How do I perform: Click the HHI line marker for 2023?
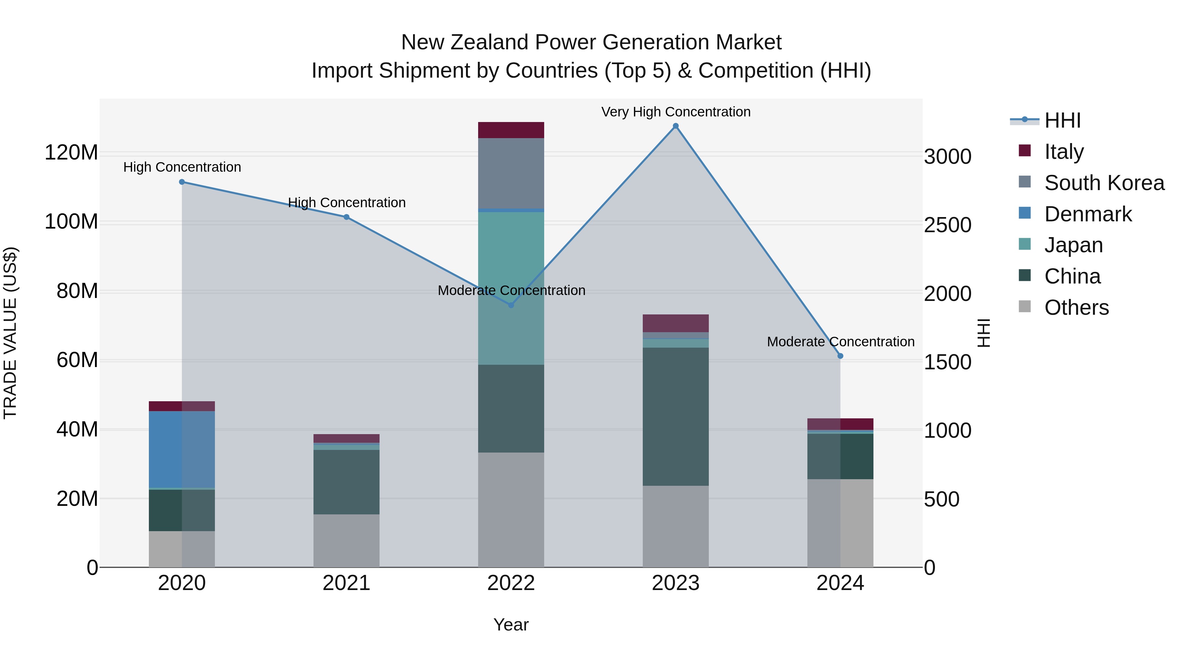[676, 126]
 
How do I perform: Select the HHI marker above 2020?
[182, 182]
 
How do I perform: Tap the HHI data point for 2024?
[840, 356]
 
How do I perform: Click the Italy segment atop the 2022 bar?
[511, 130]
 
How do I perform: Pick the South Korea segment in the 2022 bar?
[511, 173]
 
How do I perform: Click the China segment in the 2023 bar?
[676, 416]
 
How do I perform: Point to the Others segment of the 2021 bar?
[346, 540]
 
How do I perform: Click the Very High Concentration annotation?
[676, 112]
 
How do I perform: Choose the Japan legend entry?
[1073, 245]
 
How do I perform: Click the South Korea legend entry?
[1104, 183]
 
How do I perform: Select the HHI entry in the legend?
[1062, 120]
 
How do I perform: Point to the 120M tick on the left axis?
[71, 152]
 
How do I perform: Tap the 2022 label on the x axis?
[511, 583]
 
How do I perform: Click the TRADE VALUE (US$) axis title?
[10, 333]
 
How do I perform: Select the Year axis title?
[511, 625]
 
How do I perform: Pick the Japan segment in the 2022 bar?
[511, 288]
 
